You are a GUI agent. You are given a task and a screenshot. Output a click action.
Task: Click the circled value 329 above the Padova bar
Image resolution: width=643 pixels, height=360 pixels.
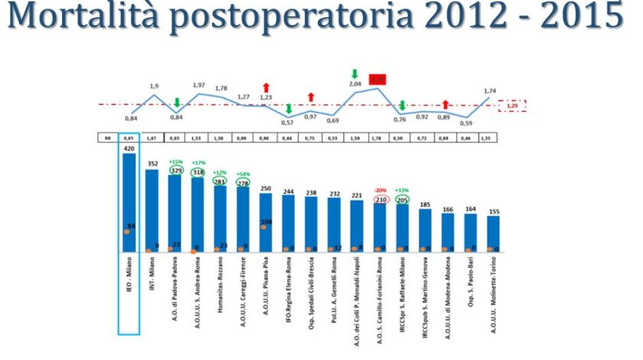click(175, 171)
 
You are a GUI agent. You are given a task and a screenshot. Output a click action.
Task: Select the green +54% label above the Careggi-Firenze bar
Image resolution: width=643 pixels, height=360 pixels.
click(243, 174)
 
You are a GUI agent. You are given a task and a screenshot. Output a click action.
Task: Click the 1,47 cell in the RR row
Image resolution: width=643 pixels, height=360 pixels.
click(152, 139)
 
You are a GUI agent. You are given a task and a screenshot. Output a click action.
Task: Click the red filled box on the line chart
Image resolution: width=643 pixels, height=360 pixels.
click(377, 79)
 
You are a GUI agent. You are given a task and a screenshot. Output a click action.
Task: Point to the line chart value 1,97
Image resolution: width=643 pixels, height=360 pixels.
click(199, 85)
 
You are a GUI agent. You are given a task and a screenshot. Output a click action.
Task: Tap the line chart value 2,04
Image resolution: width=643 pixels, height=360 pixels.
click(355, 83)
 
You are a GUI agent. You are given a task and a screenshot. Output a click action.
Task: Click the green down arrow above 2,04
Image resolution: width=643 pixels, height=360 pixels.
click(355, 73)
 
